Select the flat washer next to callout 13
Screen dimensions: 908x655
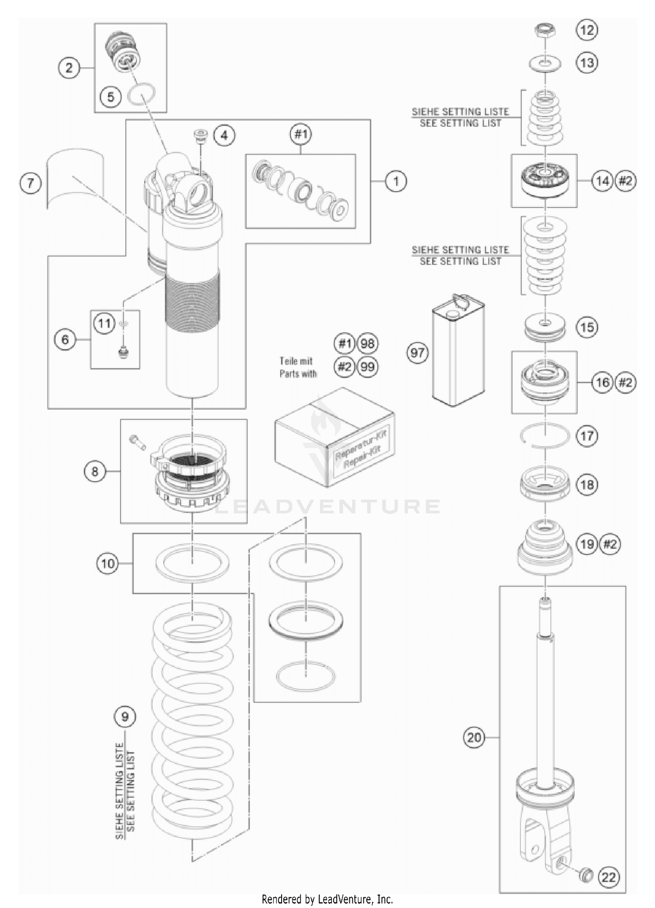545,64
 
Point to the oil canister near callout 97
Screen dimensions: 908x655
458,352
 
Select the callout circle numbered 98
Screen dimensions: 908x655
368,344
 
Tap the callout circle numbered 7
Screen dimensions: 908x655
31,183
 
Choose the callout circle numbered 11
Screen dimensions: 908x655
104,324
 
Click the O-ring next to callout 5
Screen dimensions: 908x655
141,94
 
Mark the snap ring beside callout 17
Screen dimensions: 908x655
545,436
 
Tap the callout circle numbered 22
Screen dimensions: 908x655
608,877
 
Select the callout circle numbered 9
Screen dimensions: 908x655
125,717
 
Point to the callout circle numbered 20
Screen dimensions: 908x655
474,738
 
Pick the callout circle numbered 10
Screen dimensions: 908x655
107,563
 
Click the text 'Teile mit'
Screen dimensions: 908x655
296,361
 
